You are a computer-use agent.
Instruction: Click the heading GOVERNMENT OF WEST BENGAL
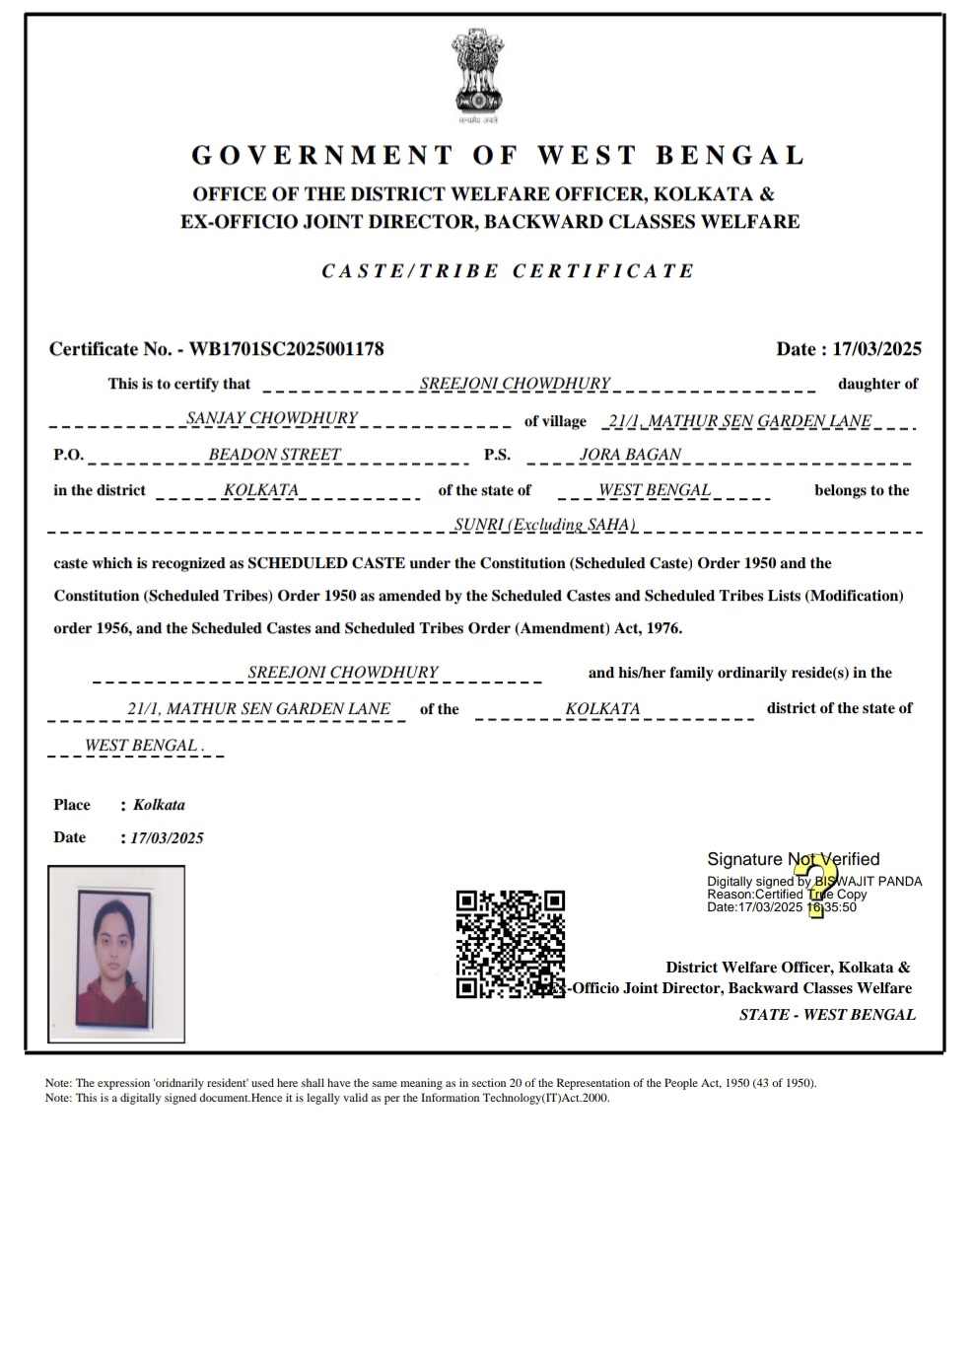click(x=498, y=156)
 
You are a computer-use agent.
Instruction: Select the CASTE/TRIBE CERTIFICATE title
click(x=508, y=271)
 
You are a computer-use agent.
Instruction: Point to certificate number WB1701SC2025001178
click(x=286, y=349)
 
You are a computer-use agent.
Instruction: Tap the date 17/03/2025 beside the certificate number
click(x=876, y=349)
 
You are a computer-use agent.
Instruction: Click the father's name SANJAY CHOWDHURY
click(x=272, y=418)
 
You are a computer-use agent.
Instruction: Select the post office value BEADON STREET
click(x=274, y=455)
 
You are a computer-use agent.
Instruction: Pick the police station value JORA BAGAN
click(x=630, y=455)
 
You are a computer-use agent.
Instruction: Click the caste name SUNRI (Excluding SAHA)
click(x=544, y=525)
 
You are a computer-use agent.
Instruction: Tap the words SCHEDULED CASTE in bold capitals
click(x=325, y=563)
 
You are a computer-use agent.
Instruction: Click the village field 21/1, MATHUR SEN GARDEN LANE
click(x=739, y=421)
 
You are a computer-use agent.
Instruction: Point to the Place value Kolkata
click(x=159, y=805)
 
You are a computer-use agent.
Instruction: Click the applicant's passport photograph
click(x=115, y=954)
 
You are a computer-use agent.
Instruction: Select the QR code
click(x=510, y=944)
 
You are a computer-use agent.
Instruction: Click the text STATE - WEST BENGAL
click(x=827, y=1015)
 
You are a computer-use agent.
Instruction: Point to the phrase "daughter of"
click(x=877, y=384)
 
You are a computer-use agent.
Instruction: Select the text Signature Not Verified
click(x=793, y=859)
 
